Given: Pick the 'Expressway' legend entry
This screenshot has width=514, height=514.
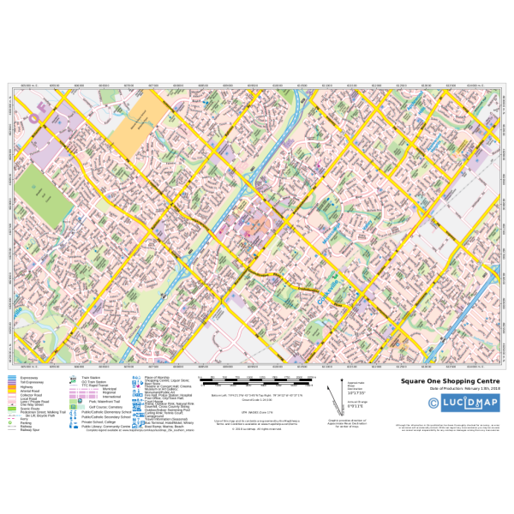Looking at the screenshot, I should click(25, 377).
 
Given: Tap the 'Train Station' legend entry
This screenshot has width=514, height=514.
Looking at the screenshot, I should click(90, 377).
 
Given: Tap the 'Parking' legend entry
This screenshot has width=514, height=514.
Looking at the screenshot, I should click(24, 421).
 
